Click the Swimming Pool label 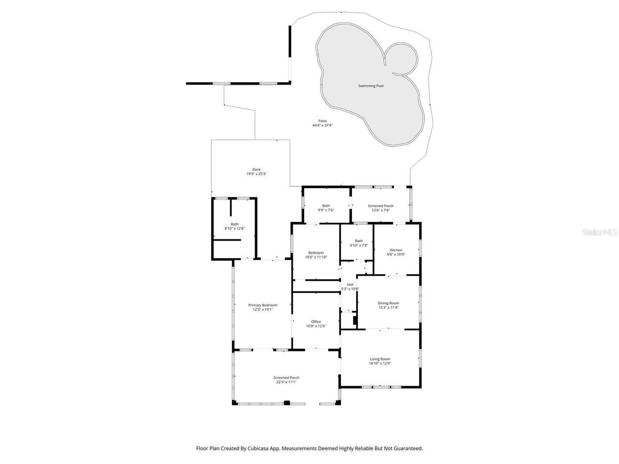(370, 86)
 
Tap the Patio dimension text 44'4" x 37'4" (322, 126)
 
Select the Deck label (256, 170)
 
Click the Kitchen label (396, 250)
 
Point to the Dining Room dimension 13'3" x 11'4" (388, 307)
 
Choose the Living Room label (380, 359)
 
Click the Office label (316, 321)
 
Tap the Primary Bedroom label (263, 305)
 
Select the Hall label (350, 284)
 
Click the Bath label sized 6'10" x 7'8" (359, 241)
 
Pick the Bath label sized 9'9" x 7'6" (326, 205)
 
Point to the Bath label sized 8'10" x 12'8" (235, 224)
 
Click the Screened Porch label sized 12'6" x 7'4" (381, 205)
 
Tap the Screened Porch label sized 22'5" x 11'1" (286, 377)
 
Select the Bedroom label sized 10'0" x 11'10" (316, 253)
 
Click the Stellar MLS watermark (599, 232)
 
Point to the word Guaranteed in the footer (409, 449)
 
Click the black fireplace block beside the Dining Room (355, 320)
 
